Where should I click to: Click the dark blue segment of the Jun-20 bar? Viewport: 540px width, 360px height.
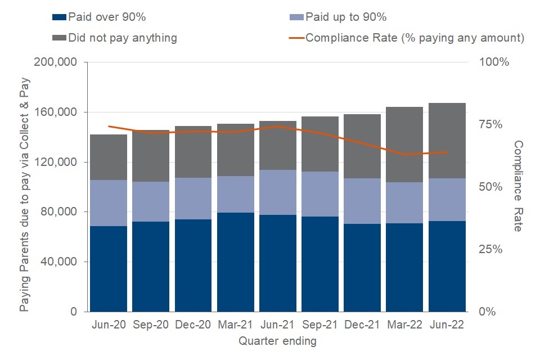point(108,269)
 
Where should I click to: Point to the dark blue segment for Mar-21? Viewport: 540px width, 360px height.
point(235,262)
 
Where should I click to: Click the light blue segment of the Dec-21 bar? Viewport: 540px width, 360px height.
point(362,201)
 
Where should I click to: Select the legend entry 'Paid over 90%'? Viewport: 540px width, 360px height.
point(106,17)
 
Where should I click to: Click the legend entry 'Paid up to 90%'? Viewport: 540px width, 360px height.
point(344,17)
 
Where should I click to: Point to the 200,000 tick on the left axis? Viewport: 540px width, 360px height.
point(56,62)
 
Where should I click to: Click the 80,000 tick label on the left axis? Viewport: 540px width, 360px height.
point(58,212)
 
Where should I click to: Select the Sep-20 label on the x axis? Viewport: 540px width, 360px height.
point(151,325)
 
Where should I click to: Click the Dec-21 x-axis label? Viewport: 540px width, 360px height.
point(362,325)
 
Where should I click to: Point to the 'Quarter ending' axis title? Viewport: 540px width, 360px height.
point(277,341)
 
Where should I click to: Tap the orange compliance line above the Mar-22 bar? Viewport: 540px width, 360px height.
point(404,154)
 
